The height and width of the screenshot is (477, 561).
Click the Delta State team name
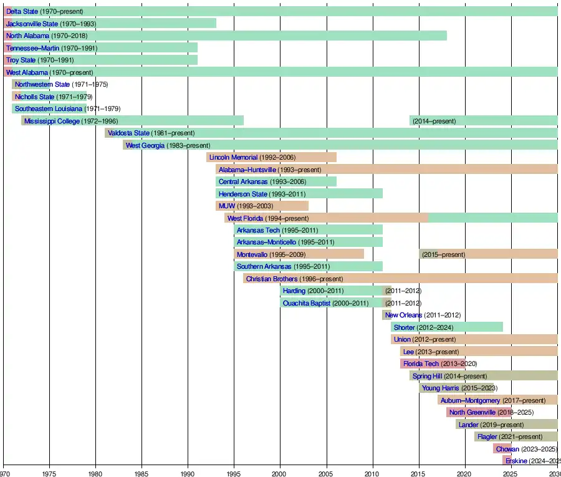[x=22, y=12]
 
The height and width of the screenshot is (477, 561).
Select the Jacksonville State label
[x=32, y=24]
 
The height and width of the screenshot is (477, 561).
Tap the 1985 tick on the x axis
[x=141, y=473]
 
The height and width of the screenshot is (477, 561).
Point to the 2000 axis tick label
[x=280, y=473]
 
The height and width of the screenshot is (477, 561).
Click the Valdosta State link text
[x=128, y=133]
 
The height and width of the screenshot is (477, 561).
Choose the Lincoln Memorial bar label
[x=233, y=158]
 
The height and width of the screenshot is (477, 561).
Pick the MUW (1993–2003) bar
[x=262, y=206]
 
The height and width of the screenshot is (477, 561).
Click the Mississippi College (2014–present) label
[x=434, y=121]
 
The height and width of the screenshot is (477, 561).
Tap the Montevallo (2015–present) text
[x=443, y=255]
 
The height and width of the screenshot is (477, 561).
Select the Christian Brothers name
[x=272, y=279]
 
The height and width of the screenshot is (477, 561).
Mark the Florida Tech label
[x=421, y=364]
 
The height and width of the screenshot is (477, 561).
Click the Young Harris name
[x=440, y=388]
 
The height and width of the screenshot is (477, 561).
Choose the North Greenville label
[x=472, y=413]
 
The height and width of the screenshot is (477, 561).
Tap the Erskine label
[x=516, y=461]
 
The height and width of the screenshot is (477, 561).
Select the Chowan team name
[x=507, y=449]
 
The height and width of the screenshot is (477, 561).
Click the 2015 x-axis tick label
[x=418, y=473]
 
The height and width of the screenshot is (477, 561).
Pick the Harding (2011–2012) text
[x=403, y=291]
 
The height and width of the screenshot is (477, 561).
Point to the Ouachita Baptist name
[x=306, y=304]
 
